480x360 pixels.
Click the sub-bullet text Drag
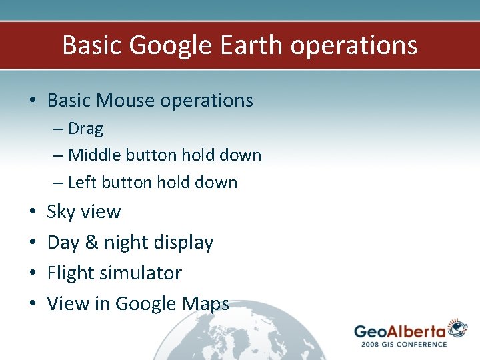[x=85, y=128]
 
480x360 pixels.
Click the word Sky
[x=61, y=212]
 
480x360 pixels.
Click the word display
[x=183, y=243]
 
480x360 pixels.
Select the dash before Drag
[x=58, y=128]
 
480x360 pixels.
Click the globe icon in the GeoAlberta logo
[x=457, y=329]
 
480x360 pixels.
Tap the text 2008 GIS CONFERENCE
[x=404, y=344]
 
